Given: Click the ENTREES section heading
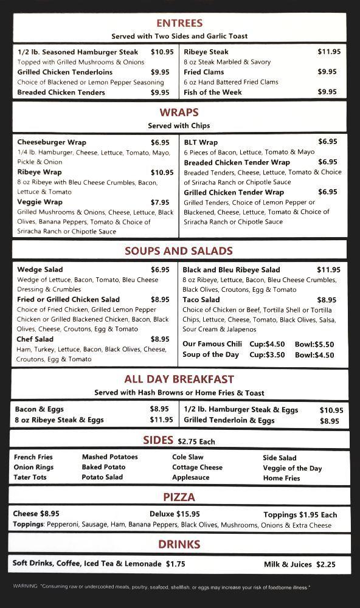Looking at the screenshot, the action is click(x=179, y=23).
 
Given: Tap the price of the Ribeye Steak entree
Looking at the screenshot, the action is click(x=329, y=52).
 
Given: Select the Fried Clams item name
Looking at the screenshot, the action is click(x=204, y=72).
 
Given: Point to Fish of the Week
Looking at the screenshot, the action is click(x=213, y=92).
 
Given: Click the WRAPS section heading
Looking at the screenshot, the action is click(x=179, y=112).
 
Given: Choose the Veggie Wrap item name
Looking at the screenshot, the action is click(x=40, y=202).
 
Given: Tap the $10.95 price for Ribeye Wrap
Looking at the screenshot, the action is click(x=162, y=173).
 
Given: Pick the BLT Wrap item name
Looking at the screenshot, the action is click(x=201, y=142).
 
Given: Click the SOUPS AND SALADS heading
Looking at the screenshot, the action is click(x=179, y=250).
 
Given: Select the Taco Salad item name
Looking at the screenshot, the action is click(x=201, y=300).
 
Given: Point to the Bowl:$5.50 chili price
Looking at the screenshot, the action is click(x=314, y=344).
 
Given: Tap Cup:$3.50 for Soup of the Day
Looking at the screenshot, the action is click(x=267, y=355).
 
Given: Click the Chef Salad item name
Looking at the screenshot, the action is click(x=35, y=339).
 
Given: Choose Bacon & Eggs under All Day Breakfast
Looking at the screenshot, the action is click(x=40, y=409).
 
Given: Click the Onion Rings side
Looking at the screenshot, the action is click(x=33, y=467).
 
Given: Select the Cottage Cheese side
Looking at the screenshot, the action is click(x=197, y=467).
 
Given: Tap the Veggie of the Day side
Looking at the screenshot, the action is click(x=292, y=468).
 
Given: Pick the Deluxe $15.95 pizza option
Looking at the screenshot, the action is click(x=175, y=514).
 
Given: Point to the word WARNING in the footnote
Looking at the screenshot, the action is click(x=25, y=587).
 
